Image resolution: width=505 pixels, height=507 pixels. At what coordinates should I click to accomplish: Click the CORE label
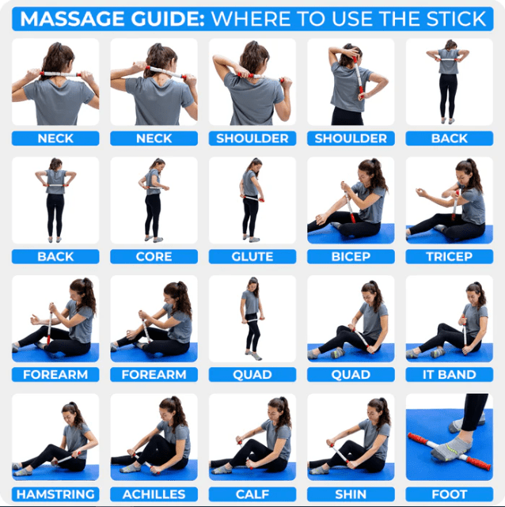pos(154,256)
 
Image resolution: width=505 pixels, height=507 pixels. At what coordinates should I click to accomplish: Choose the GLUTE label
pos(252,256)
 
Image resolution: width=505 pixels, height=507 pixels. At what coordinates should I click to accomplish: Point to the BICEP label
pos(351,256)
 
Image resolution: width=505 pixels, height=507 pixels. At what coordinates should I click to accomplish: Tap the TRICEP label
pos(449,256)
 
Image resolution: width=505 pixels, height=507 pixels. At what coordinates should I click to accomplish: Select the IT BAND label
pos(449,375)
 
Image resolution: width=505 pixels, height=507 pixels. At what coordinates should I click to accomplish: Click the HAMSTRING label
pos(55,494)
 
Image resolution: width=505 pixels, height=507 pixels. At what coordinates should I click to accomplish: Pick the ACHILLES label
pos(154,494)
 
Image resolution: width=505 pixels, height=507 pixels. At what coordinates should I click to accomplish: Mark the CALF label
pos(252,494)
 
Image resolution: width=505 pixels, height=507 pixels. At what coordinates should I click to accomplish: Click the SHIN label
pos(351,494)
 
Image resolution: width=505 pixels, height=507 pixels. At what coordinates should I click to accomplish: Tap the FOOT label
pos(449,494)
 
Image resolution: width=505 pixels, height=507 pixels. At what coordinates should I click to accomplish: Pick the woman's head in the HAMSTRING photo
pos(74,412)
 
